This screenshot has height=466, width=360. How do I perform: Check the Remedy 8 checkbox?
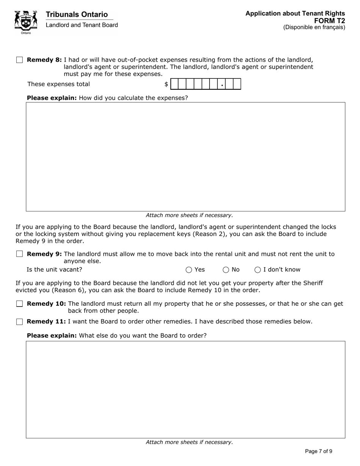click(20, 60)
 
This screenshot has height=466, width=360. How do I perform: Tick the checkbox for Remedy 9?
click(20, 254)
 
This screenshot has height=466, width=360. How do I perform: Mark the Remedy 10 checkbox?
click(20, 303)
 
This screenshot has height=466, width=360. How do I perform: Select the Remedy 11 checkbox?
click(20, 322)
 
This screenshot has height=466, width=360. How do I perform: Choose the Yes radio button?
click(189, 270)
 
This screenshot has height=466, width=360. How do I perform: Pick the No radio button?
click(226, 270)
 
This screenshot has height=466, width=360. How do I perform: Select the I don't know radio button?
click(258, 270)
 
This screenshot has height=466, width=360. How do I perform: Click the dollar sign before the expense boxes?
click(166, 84)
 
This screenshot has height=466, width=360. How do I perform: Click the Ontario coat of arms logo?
click(26, 22)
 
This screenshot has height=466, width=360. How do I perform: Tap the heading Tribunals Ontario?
click(77, 14)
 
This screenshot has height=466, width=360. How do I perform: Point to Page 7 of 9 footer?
click(318, 451)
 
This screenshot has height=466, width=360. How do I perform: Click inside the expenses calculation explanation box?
click(185, 156)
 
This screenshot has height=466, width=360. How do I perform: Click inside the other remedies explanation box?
click(185, 389)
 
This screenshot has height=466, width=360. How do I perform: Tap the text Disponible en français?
click(314, 27)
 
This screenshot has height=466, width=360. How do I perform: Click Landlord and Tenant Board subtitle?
click(81, 25)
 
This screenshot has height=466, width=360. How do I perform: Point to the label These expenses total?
click(58, 84)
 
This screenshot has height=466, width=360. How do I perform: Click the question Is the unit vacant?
click(54, 270)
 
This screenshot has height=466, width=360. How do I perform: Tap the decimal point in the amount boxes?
click(222, 86)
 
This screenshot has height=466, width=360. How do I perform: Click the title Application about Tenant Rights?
click(295, 14)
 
